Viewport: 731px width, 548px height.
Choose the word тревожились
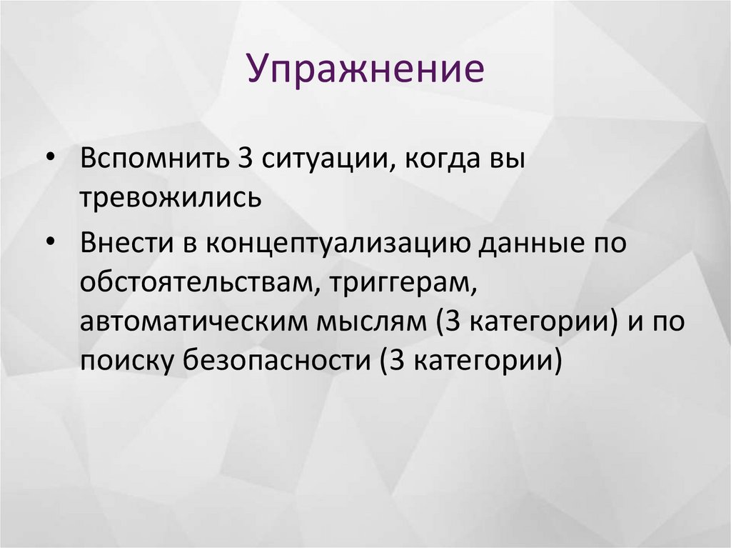click(x=171, y=198)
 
